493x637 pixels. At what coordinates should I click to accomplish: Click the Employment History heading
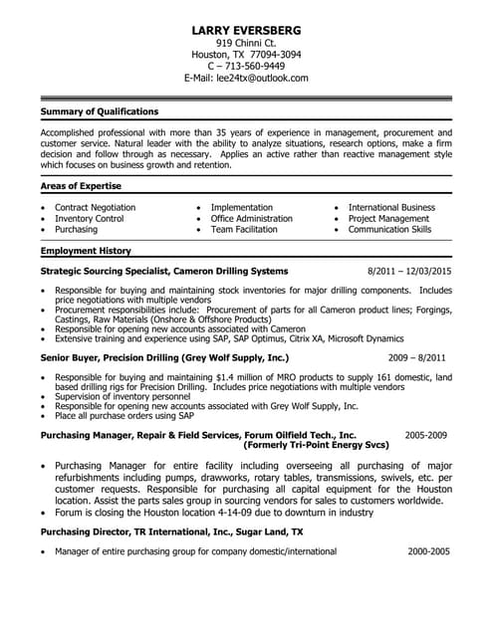coord(86,251)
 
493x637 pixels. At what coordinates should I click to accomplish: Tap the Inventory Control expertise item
coord(90,218)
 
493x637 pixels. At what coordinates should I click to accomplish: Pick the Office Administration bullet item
coord(252,218)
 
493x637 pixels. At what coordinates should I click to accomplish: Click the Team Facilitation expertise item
coord(244,229)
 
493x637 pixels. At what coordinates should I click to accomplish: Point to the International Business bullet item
coord(391,207)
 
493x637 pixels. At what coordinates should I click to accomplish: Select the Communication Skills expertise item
coord(389,229)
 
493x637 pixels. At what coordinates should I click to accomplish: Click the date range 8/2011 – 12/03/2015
coord(409,271)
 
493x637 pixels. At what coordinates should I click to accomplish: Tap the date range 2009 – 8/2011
coord(416,356)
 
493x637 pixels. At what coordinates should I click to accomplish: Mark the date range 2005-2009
coord(426,436)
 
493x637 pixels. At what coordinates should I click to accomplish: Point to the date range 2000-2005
coord(429,550)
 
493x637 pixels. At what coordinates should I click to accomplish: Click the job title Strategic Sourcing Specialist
coord(104,271)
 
